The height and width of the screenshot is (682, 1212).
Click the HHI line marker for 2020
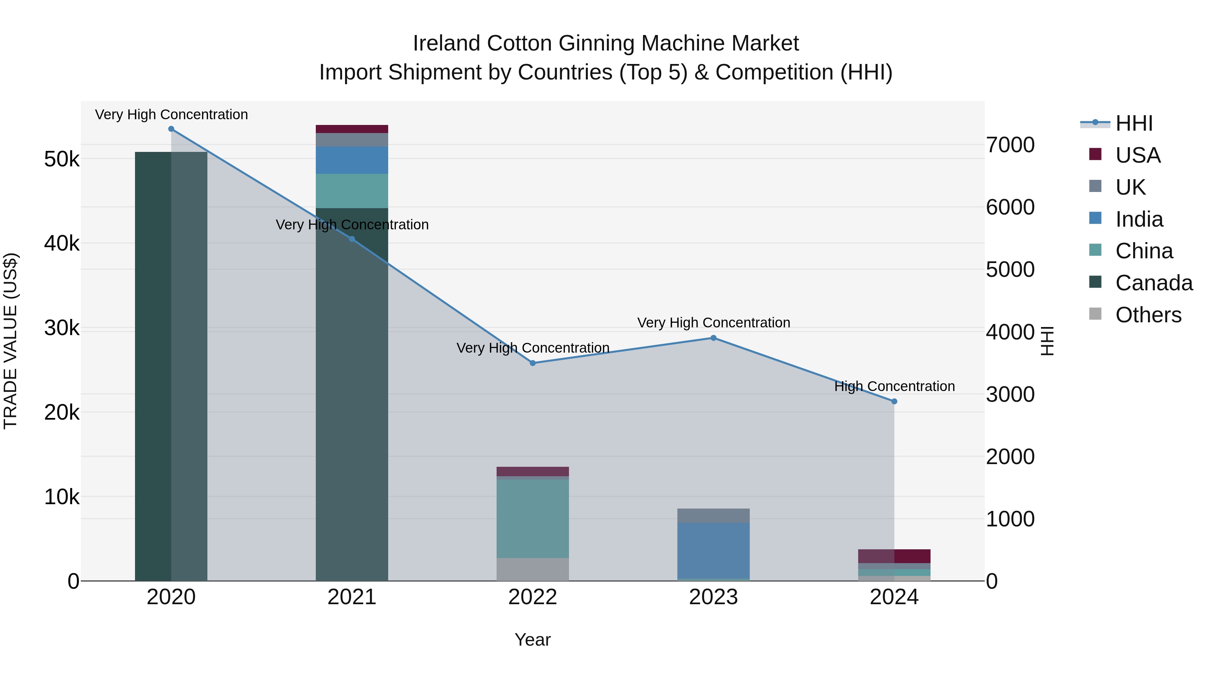click(x=171, y=129)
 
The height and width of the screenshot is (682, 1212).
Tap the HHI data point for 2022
click(x=533, y=363)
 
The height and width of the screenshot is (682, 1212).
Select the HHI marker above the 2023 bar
click(x=713, y=338)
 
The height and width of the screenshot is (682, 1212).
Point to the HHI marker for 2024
click(x=894, y=401)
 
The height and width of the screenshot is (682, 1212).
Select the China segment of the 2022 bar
click(x=533, y=519)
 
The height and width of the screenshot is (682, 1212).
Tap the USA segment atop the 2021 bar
click(x=352, y=129)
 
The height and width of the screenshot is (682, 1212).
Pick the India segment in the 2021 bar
click(x=352, y=160)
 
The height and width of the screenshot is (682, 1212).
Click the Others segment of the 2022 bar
click(x=533, y=569)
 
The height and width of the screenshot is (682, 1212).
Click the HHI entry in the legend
click(x=1134, y=123)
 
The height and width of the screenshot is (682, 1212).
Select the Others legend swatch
click(x=1095, y=314)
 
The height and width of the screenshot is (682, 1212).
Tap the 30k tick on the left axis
click(x=62, y=328)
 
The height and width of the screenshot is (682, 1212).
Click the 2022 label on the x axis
click(x=533, y=597)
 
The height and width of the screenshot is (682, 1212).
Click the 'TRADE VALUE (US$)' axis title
click(x=10, y=341)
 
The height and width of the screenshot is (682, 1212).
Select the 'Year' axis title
click(x=533, y=640)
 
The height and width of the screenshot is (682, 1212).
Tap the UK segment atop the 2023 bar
click(x=713, y=515)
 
